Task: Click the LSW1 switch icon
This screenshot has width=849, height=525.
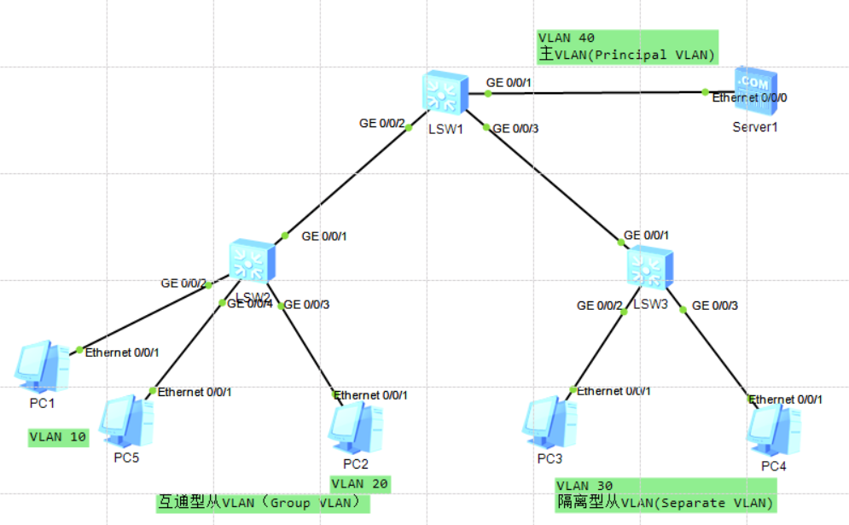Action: click(x=445, y=92)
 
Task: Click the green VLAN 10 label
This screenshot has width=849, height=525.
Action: click(x=58, y=437)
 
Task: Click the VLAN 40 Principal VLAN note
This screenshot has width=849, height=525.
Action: click(x=627, y=47)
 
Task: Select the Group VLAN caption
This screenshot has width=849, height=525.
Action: click(x=263, y=503)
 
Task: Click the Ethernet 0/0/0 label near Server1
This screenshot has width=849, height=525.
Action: click(x=750, y=97)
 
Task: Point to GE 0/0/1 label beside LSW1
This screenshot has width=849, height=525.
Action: click(x=509, y=83)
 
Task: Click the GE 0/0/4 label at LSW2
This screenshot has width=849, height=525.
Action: click(x=249, y=304)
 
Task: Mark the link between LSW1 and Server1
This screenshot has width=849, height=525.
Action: click(x=597, y=92)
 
